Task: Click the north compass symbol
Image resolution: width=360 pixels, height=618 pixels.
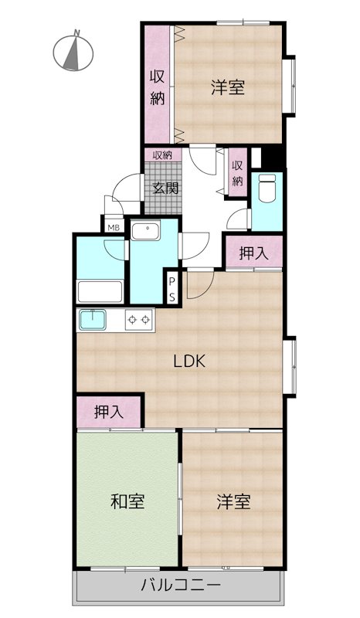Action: pos(73,51)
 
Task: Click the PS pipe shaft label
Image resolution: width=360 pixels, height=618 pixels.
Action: pos(172,289)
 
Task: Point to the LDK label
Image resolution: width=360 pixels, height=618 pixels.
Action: pos(190,362)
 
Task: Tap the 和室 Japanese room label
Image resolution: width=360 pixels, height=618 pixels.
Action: pos(127,501)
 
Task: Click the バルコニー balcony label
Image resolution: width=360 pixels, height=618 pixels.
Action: pos(181,585)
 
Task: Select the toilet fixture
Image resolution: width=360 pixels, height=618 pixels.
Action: pos(267,188)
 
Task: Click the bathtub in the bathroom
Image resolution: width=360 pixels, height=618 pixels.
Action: pos(100,292)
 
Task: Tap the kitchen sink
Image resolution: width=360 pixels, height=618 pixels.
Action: pos(93,320)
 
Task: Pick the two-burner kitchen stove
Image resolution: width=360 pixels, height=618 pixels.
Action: pos(140,320)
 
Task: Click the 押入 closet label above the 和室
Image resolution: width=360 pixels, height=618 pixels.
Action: pos(109,413)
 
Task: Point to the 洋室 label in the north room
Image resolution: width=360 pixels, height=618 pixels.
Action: pos(228,87)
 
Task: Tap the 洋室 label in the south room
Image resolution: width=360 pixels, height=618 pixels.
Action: pos(233,501)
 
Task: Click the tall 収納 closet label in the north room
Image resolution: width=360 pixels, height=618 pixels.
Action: pos(158,87)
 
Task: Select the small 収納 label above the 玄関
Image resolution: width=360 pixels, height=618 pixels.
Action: pos(162,155)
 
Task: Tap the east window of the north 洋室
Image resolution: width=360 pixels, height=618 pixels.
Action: pos(290,86)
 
